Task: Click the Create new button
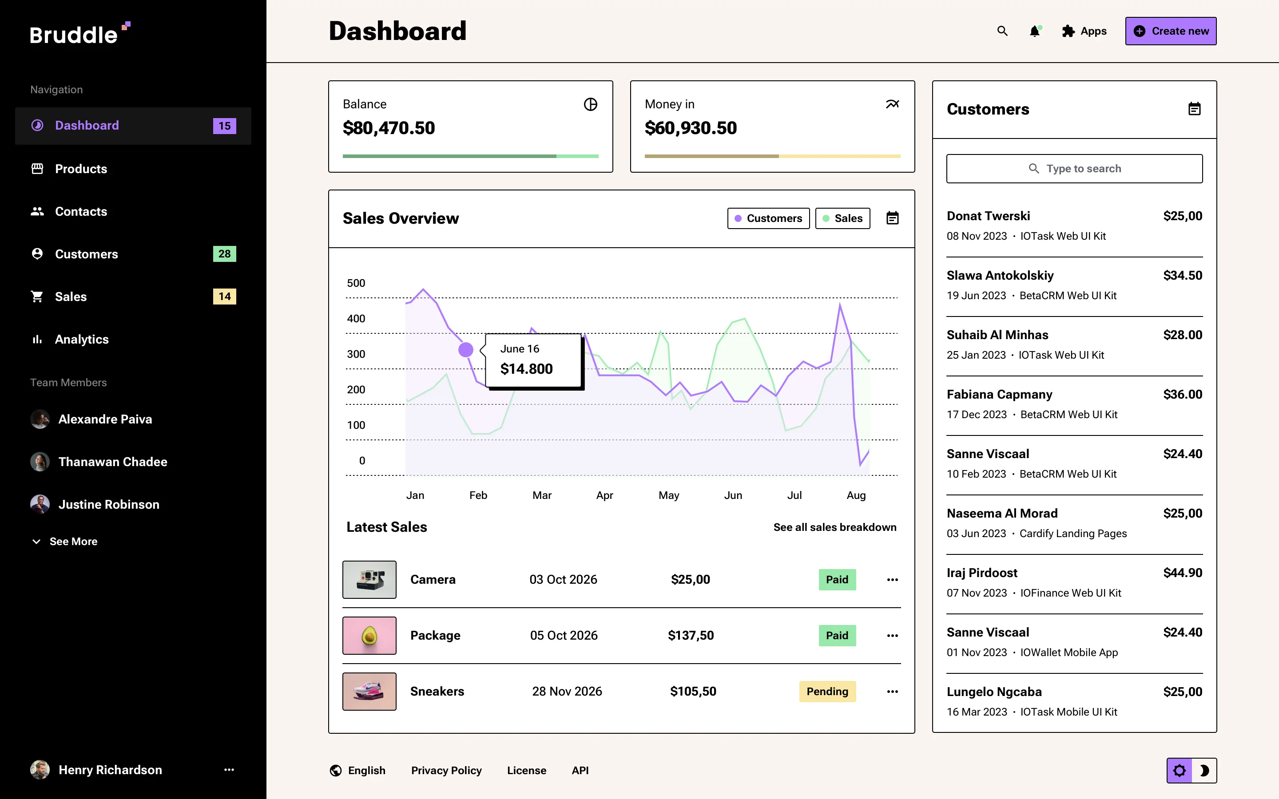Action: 1170,31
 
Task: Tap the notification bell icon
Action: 1034,32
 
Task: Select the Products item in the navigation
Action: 81,169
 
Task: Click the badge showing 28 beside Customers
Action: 224,254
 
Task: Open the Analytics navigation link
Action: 81,339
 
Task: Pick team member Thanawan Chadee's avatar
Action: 40,462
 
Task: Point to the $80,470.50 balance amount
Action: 389,128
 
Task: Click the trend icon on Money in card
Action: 892,104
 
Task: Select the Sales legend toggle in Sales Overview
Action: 842,218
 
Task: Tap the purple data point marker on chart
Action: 465,350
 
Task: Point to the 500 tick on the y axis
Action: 356,283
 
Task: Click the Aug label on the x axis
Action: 856,495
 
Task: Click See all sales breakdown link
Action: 834,527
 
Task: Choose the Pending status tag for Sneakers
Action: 827,691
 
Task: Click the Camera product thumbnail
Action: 369,580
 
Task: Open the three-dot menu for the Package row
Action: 892,636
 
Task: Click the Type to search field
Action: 1074,169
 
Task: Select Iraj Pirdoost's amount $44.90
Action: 1182,573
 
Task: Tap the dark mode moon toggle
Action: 1204,771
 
